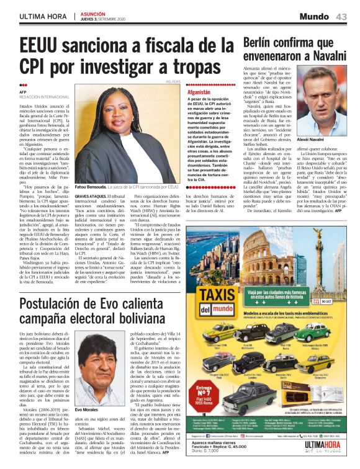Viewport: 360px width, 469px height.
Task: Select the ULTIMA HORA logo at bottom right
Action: (323, 455)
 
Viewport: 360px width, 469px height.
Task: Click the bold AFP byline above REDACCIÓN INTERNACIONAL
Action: (23, 92)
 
